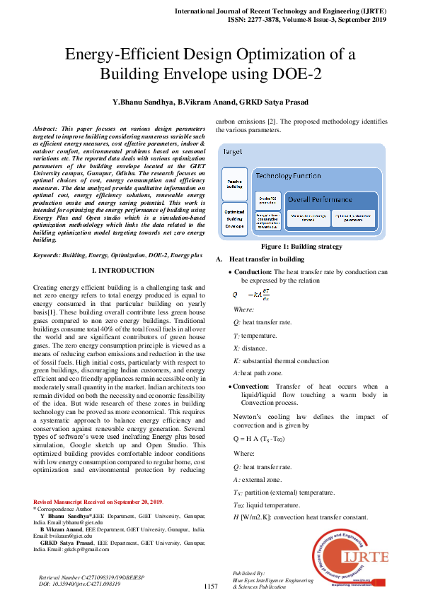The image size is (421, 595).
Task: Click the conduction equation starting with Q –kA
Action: [251, 294]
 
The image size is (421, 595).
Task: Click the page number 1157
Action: [210, 587]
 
